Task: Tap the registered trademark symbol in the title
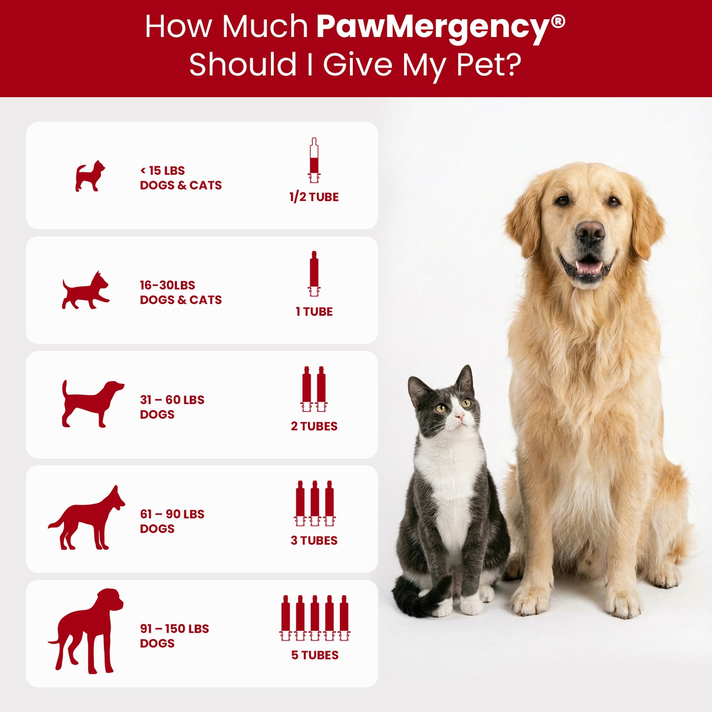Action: (x=558, y=21)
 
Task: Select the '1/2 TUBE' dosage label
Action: (x=314, y=197)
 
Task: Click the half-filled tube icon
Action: (x=314, y=160)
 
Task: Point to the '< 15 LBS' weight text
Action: (x=163, y=170)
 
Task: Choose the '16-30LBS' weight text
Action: (x=168, y=285)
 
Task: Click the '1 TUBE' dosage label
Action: (x=314, y=311)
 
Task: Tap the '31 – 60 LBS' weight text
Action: (x=172, y=400)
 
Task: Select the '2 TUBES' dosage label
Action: (x=314, y=426)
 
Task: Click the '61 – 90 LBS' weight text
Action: (x=172, y=514)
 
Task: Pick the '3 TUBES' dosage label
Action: (x=314, y=541)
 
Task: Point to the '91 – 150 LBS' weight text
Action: (x=174, y=629)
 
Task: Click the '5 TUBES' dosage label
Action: (x=314, y=655)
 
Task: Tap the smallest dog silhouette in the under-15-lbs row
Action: (x=90, y=176)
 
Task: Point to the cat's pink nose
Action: (x=460, y=418)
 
